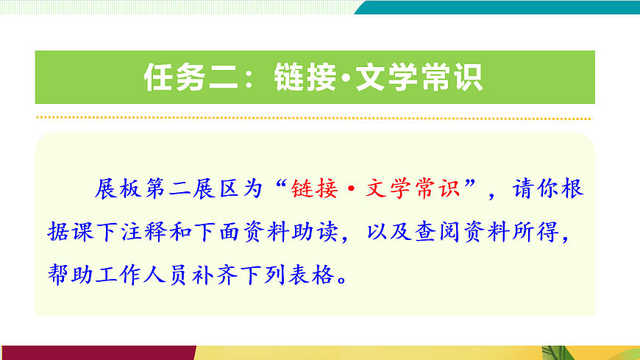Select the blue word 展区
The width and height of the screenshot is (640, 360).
[x=216, y=189]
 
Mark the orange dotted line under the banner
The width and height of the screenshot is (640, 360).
[x=313, y=118]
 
